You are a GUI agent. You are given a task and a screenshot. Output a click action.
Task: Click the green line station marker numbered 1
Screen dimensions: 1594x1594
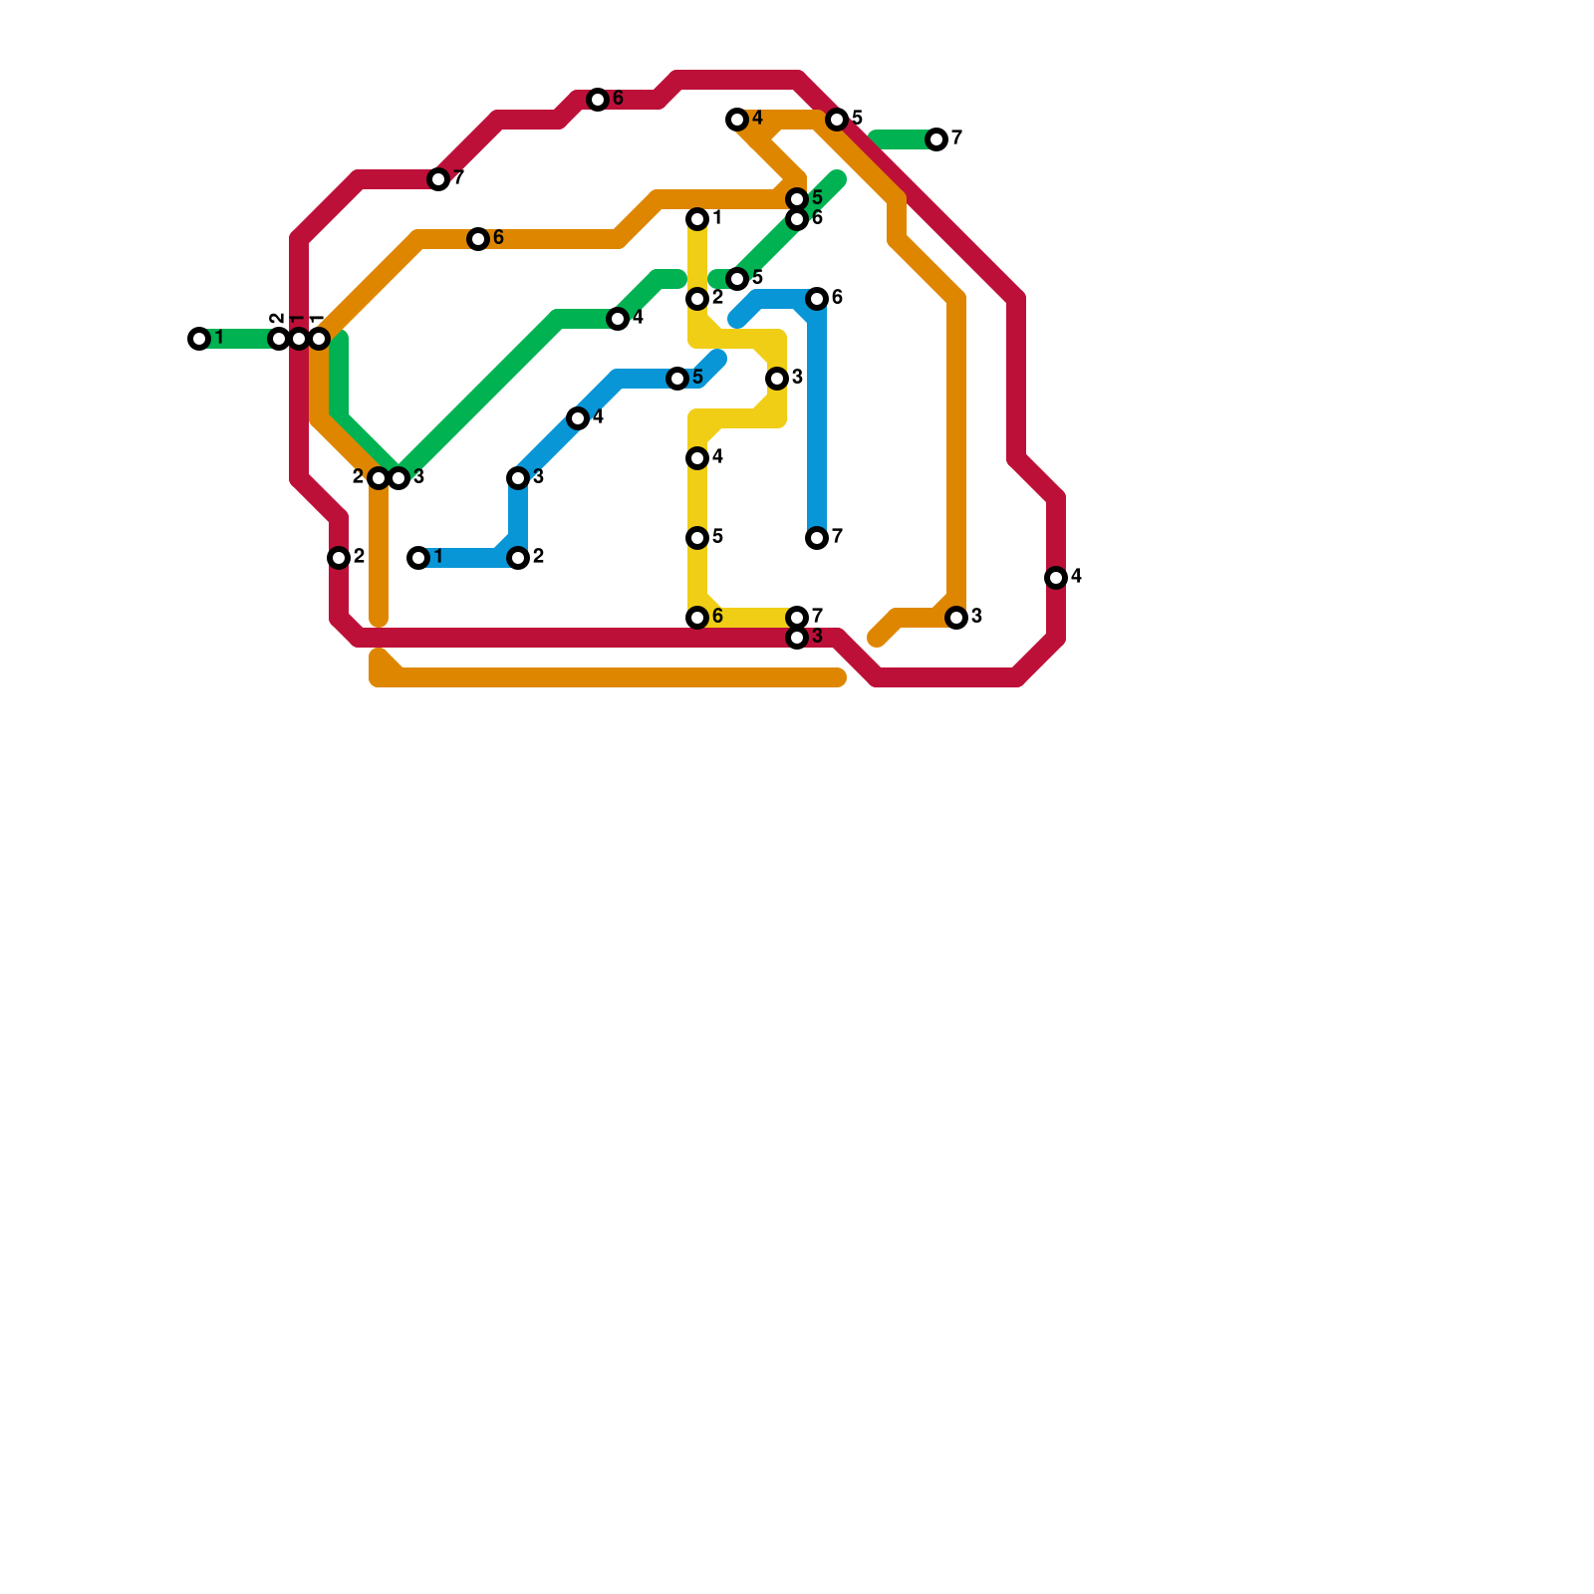point(199,339)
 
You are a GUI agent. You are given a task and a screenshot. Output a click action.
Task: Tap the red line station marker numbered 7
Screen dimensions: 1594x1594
point(438,179)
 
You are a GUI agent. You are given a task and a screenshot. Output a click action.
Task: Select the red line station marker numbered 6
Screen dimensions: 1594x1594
point(598,100)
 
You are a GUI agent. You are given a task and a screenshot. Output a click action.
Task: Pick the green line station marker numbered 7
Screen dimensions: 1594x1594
point(936,139)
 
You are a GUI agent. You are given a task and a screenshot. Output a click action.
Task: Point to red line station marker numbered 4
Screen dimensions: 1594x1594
point(1056,578)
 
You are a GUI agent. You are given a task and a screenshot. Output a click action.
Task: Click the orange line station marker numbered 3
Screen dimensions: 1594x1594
point(956,618)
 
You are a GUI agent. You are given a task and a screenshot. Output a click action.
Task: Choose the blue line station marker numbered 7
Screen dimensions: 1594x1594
point(817,538)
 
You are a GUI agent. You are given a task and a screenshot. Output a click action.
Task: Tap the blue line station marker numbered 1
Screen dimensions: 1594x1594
point(418,558)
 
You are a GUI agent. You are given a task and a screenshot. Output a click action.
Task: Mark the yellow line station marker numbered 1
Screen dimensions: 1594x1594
point(697,219)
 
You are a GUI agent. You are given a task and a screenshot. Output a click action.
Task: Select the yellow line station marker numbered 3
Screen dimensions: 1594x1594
point(777,379)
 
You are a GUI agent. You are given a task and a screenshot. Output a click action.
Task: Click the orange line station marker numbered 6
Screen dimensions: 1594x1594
point(478,239)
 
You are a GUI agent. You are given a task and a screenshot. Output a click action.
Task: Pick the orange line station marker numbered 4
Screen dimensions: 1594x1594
point(737,120)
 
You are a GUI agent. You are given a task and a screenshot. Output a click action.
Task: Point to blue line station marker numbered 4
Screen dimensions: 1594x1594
point(578,418)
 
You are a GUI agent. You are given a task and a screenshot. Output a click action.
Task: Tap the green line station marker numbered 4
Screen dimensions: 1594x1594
point(618,319)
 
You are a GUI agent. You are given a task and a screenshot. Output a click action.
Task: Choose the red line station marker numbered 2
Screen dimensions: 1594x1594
point(339,558)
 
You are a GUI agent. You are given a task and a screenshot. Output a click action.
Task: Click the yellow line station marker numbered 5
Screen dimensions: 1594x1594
point(697,538)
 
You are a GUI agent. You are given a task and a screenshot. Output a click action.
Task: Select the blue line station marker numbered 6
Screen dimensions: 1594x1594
point(817,299)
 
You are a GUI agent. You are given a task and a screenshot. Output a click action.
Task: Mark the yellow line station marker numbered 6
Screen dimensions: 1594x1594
point(697,618)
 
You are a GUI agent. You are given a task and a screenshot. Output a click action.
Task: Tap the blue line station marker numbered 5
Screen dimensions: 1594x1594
point(677,379)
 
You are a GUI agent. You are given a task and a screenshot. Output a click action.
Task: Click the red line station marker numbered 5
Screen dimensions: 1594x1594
point(837,120)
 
